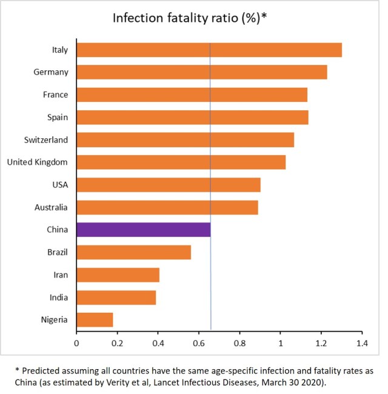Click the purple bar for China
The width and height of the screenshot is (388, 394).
[143, 230]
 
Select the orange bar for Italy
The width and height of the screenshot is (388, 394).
[209, 50]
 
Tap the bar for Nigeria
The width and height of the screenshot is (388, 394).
[95, 319]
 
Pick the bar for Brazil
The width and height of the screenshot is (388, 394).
[133, 252]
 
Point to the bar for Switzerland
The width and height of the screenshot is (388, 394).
[185, 140]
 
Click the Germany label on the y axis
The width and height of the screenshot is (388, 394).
[51, 73]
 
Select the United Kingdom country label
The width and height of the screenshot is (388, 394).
[38, 162]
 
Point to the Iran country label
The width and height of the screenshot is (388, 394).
[60, 275]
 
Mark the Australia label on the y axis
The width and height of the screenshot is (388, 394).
[51, 207]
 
